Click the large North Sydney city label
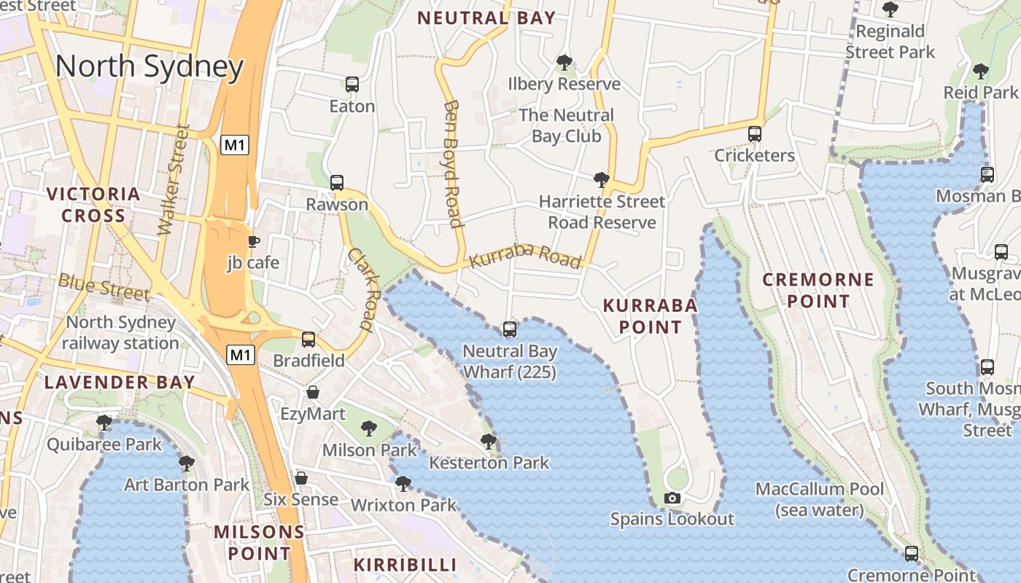(x=149, y=67)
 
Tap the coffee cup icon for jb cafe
(x=253, y=241)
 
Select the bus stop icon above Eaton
(x=352, y=85)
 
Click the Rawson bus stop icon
(x=336, y=183)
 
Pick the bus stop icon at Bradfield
(x=308, y=339)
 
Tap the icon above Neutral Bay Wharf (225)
(x=510, y=329)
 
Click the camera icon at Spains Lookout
(x=672, y=498)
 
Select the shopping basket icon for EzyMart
(x=313, y=393)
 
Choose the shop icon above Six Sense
(x=300, y=478)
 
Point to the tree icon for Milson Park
(x=369, y=429)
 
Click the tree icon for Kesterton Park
(x=489, y=442)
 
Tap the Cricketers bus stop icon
(x=755, y=134)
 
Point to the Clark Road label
(x=361, y=290)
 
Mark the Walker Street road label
(x=174, y=181)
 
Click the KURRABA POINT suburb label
(x=650, y=316)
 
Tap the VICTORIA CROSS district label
(x=93, y=205)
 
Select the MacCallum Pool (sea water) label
(x=819, y=499)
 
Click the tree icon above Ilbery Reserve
(x=564, y=63)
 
